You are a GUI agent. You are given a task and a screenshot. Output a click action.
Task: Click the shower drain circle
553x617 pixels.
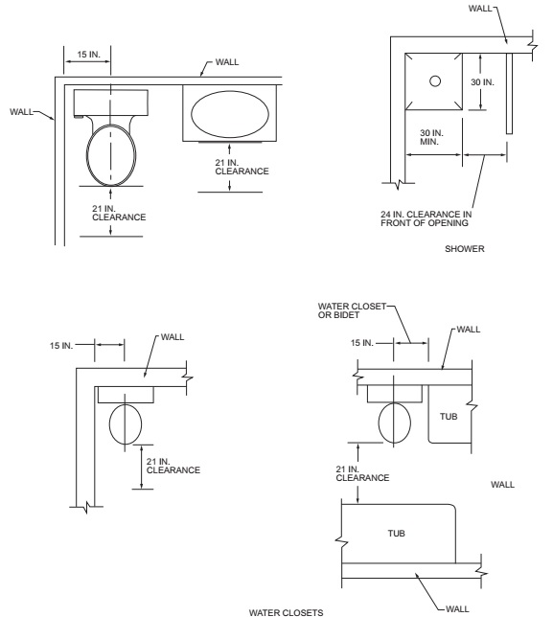coord(433,80)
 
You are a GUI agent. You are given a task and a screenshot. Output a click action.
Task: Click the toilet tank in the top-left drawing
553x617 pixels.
coord(110,102)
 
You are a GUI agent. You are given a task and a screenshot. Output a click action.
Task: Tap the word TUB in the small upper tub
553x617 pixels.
coord(448,417)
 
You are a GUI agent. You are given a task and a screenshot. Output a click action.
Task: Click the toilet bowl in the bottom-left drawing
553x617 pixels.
coord(127,423)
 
